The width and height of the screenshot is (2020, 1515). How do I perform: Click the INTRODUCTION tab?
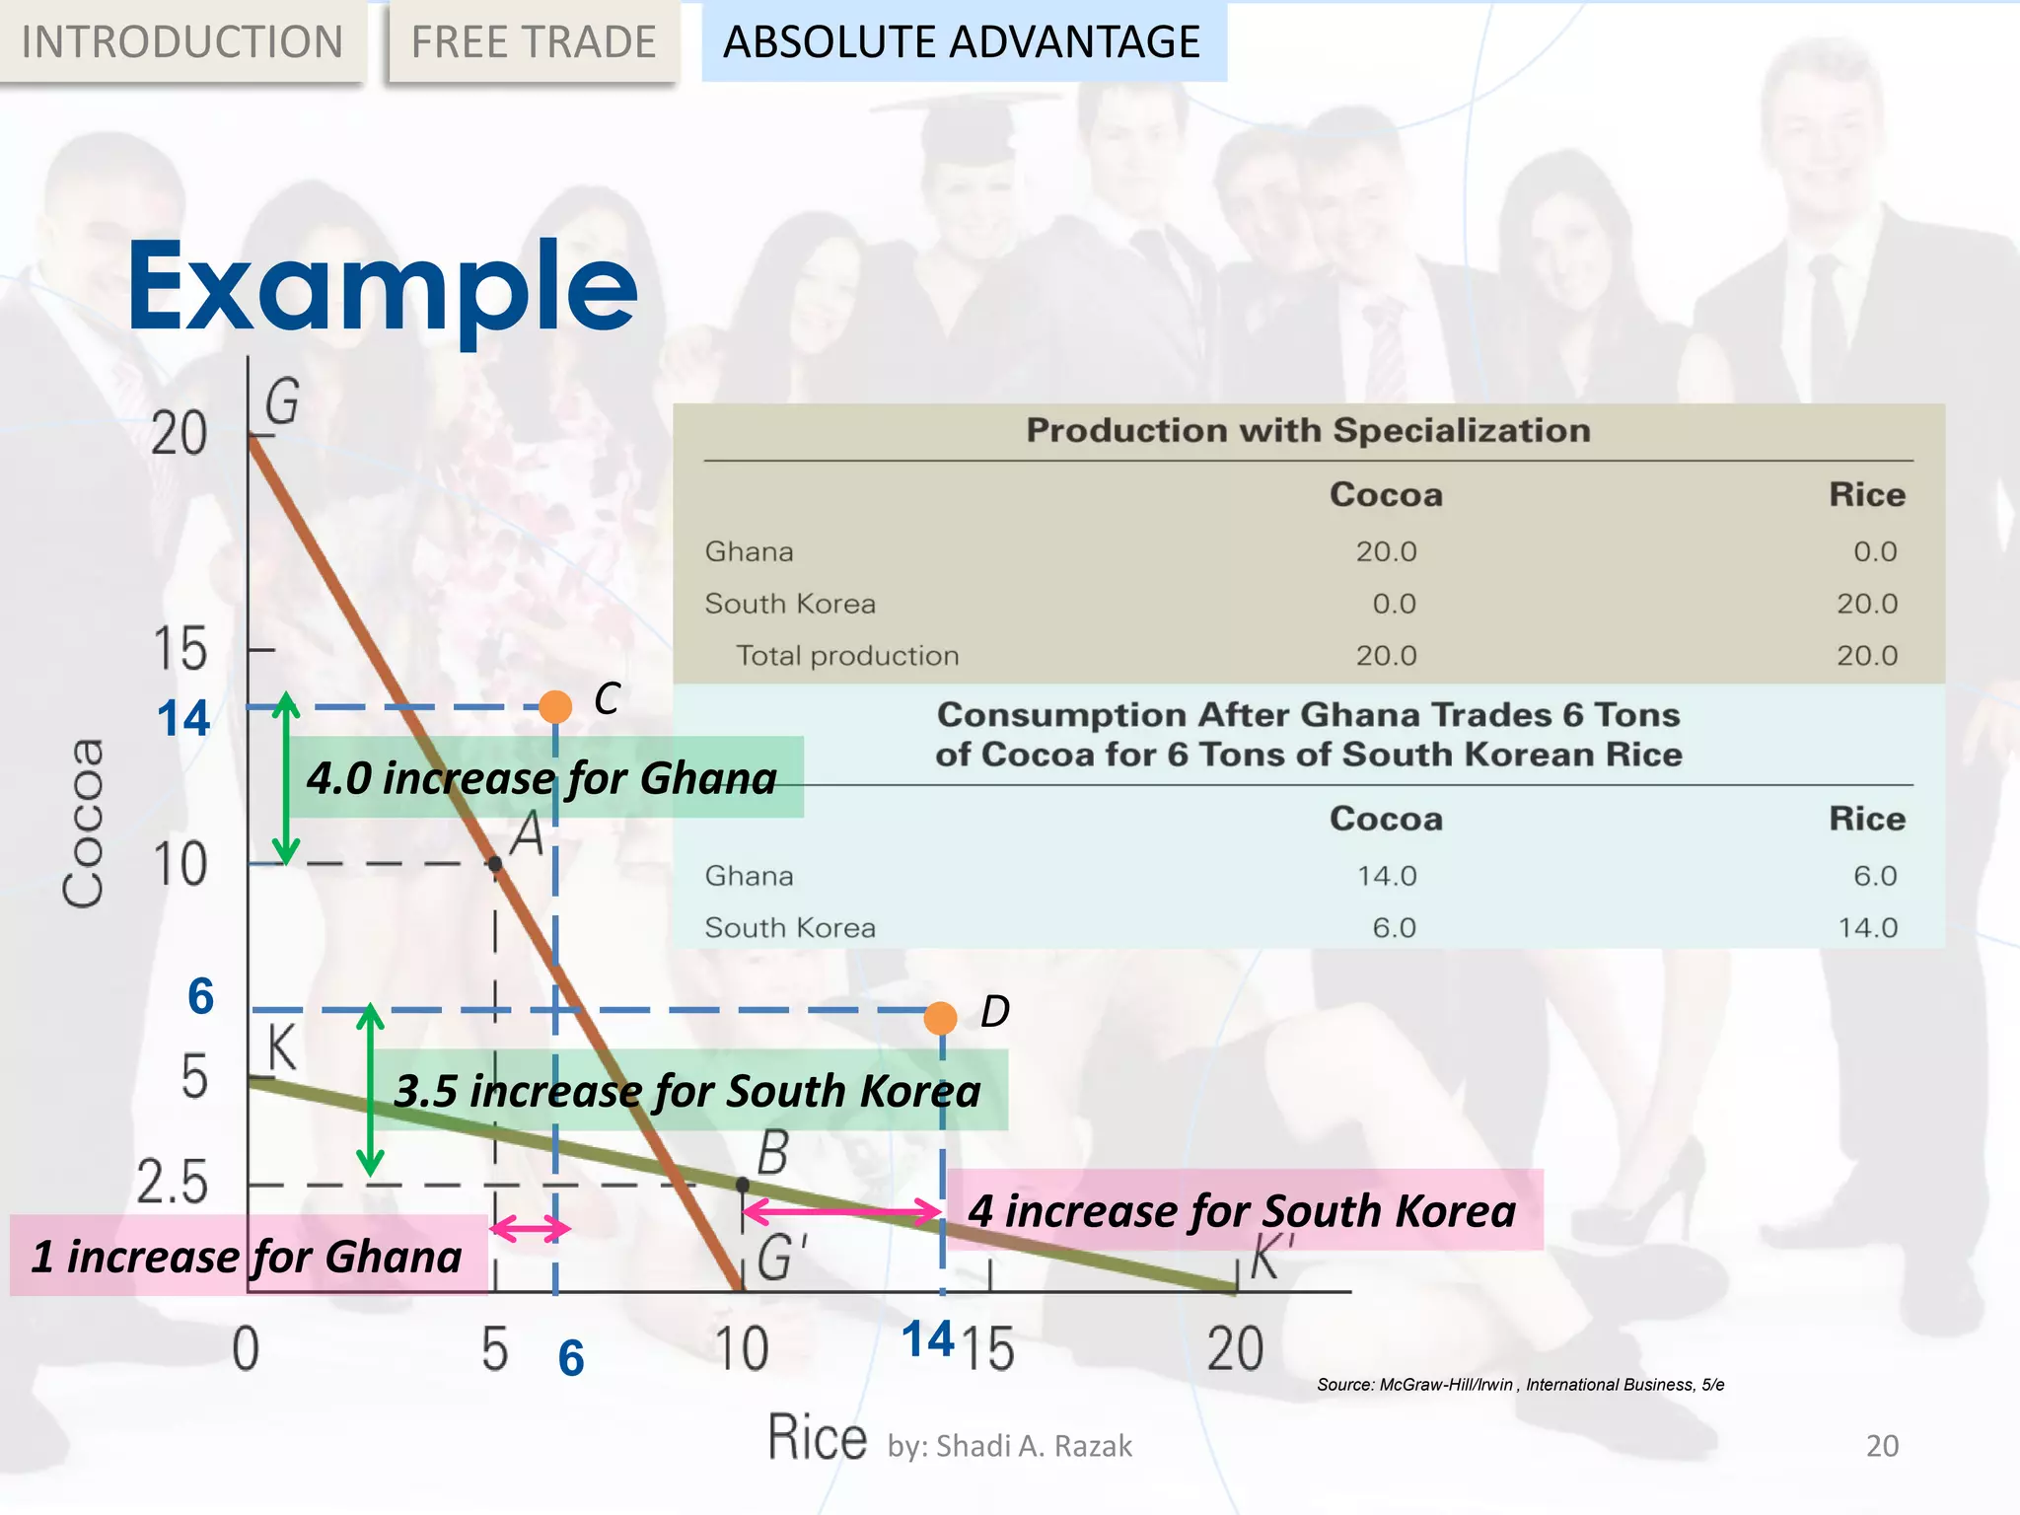(181, 41)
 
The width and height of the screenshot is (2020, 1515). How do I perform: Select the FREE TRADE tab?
(534, 41)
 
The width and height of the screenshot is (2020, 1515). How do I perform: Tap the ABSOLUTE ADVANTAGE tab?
(963, 41)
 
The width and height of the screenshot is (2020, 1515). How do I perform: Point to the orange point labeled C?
(555, 706)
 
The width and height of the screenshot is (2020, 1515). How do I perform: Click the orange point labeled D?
(940, 1017)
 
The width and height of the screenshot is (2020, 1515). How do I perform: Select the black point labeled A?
(495, 864)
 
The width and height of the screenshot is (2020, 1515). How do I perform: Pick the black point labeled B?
(743, 1184)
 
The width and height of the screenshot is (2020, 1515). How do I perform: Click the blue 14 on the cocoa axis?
(183, 719)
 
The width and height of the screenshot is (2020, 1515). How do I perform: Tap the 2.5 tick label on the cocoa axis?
(173, 1183)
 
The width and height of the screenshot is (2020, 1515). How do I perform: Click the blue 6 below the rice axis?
(571, 1358)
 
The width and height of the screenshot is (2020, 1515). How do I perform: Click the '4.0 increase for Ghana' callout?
(541, 778)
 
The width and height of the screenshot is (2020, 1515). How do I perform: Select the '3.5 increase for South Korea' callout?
(687, 1091)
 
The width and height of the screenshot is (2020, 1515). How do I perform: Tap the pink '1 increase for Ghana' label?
(247, 1257)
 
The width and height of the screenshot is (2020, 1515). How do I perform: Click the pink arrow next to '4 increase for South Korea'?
(841, 1210)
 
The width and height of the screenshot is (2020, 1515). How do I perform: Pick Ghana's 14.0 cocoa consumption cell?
(1386, 876)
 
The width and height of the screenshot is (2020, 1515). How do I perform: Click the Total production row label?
(847, 656)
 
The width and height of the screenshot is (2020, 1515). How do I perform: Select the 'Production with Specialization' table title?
(1308, 431)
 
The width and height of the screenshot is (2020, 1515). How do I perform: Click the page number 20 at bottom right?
(1882, 1446)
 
